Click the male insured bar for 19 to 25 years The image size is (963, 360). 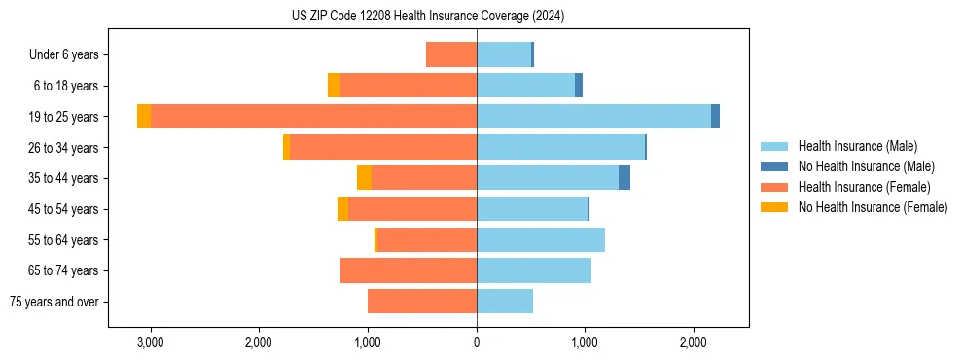tap(593, 117)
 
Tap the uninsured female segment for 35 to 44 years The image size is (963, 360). tap(364, 178)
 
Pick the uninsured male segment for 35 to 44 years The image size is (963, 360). tap(624, 178)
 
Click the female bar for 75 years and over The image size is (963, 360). tap(422, 302)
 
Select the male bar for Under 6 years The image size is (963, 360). tap(504, 54)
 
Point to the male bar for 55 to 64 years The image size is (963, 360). tap(541, 239)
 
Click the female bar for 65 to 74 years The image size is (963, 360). tap(409, 270)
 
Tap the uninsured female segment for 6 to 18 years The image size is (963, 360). tap(334, 86)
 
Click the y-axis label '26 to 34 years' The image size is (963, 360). tap(64, 148)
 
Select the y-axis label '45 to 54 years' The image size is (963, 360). tap(64, 209)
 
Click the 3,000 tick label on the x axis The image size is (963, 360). tap(151, 342)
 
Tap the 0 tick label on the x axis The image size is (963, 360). tap(477, 342)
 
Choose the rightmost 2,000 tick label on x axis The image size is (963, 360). tap(693, 342)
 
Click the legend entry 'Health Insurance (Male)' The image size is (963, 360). tap(857, 146)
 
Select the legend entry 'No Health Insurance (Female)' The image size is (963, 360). tap(873, 207)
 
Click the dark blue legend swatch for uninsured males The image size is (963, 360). tap(774, 166)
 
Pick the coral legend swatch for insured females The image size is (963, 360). tap(774, 187)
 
